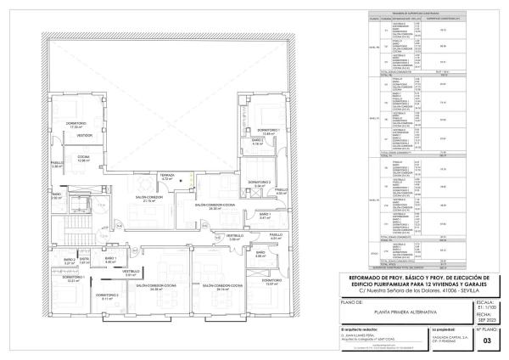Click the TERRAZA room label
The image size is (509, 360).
[x=167, y=177]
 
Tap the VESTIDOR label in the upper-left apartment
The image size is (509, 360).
[x=85, y=135]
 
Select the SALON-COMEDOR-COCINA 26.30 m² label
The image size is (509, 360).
[x=221, y=206]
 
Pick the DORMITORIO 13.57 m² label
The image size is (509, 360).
[x=271, y=282]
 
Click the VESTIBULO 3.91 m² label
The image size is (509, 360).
[x=131, y=273]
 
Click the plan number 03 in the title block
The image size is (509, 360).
[x=486, y=340]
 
